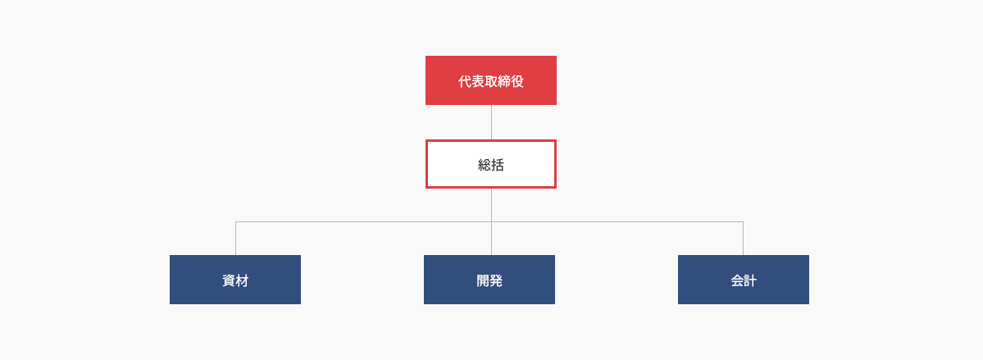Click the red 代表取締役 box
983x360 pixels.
point(491,80)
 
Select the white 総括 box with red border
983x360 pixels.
point(491,164)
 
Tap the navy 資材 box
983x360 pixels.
point(235,280)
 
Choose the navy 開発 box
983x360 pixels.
point(489,280)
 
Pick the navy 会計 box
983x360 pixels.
point(744,280)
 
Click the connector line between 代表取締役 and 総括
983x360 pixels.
point(492,122)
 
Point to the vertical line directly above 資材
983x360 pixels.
point(236,239)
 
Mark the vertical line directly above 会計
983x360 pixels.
point(744,239)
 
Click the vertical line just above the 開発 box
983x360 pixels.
point(492,239)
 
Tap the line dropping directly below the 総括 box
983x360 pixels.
point(492,205)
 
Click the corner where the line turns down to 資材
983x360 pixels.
point(236,221)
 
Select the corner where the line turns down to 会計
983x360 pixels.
point(744,221)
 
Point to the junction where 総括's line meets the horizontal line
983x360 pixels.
point(492,221)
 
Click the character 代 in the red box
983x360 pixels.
point(465,81)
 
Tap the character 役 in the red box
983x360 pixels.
point(517,81)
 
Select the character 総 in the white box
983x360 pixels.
point(485,165)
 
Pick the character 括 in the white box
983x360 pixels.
point(498,165)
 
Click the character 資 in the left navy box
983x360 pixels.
point(229,281)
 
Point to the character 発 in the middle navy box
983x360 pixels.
point(496,281)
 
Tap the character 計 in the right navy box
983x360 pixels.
point(750,281)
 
